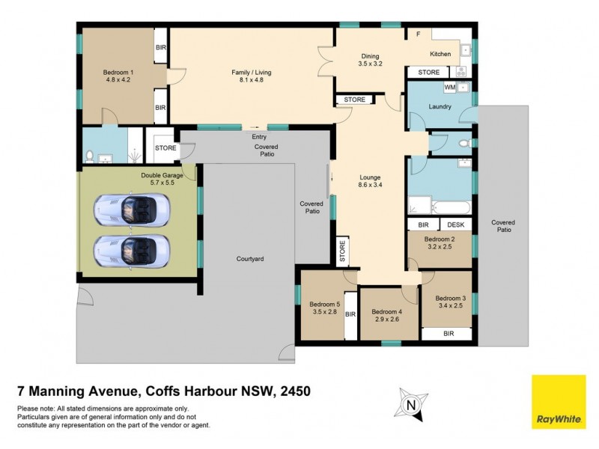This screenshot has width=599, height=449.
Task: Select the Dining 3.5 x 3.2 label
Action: pos(370,61)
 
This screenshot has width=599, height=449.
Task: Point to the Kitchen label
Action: pos(440,54)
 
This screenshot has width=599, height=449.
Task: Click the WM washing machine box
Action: pos(449,88)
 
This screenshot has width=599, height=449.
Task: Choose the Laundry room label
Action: pos(440,106)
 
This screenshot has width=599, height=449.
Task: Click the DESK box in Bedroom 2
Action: pos(456,224)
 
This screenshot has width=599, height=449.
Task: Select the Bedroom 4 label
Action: pos(387,316)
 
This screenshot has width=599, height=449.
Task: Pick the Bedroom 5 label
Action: pos(325,308)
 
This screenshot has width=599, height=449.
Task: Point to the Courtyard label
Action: pos(249,258)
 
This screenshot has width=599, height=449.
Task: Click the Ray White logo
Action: pos(559,402)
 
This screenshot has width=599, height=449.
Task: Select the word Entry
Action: pos(259,137)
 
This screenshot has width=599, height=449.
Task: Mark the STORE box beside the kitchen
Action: pos(429,73)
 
